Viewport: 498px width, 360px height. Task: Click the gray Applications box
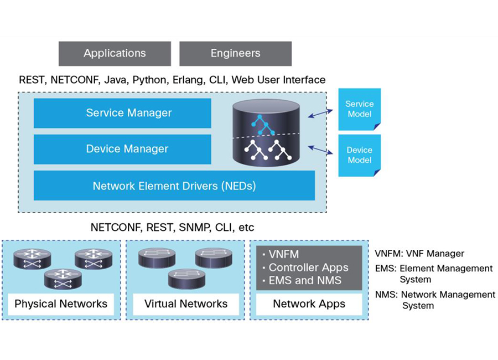click(115, 53)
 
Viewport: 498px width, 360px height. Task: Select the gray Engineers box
click(235, 53)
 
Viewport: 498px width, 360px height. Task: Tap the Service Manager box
click(122, 113)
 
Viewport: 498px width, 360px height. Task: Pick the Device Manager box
click(122, 149)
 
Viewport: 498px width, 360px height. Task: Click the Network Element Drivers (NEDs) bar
click(174, 186)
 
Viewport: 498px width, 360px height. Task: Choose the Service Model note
click(360, 109)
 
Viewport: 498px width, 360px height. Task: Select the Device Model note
click(360, 155)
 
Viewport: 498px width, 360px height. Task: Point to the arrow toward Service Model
click(320, 114)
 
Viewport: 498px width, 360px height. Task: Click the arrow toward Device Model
click(320, 150)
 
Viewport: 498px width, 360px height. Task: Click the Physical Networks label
click(61, 304)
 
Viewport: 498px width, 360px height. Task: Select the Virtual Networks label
click(186, 304)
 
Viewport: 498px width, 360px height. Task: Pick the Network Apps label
click(309, 304)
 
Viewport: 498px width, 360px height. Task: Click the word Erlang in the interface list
click(188, 80)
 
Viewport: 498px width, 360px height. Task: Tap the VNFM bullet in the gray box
click(281, 254)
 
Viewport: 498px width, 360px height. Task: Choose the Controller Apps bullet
click(305, 268)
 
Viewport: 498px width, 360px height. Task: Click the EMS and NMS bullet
click(302, 280)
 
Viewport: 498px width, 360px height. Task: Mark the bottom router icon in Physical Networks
click(63, 279)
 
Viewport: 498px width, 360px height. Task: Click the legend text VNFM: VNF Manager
click(419, 254)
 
